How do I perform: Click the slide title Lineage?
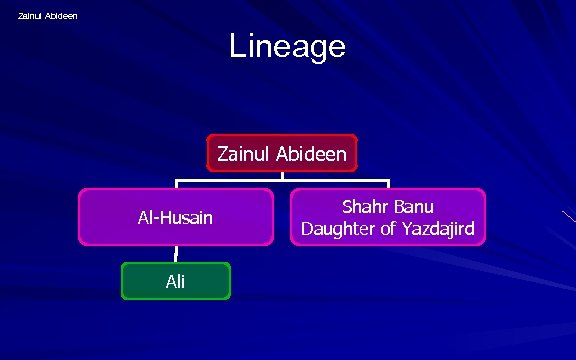[x=287, y=46]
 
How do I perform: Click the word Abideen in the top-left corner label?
[x=62, y=15]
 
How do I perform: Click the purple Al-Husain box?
[x=176, y=217]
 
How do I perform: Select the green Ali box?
[x=176, y=281]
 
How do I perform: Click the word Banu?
[x=414, y=207]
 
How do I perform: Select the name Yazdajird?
[x=437, y=230]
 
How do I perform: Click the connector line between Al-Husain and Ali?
[x=176, y=254]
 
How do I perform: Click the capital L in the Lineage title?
[x=237, y=46]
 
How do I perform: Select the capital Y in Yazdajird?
[x=404, y=230]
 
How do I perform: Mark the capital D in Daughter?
[x=307, y=230]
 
